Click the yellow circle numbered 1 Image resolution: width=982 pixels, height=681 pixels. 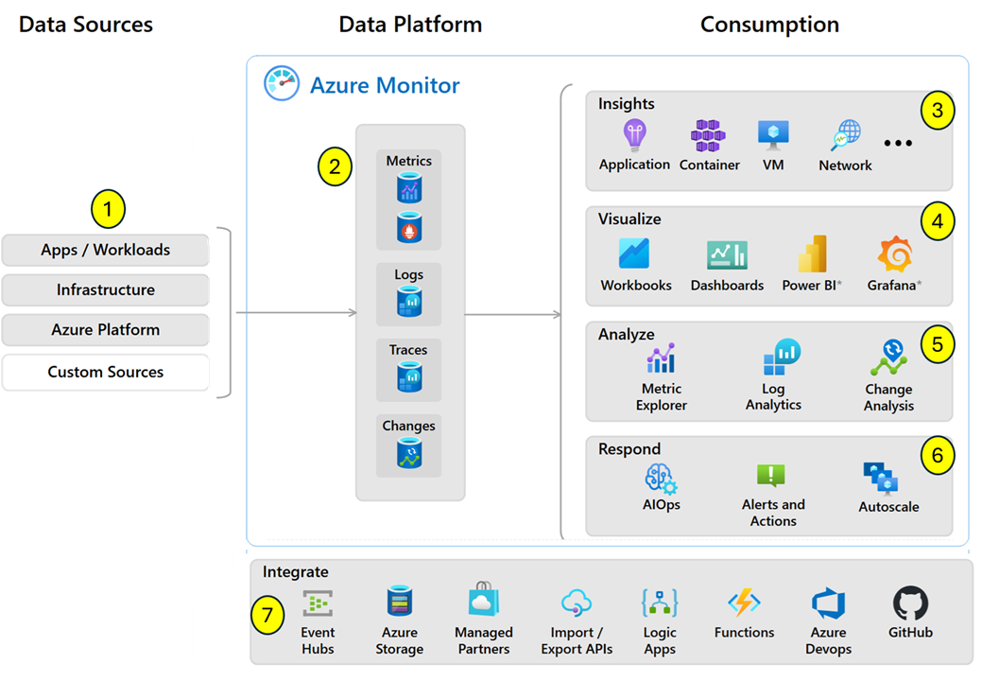[x=108, y=209]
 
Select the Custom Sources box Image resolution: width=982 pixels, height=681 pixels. [x=106, y=372]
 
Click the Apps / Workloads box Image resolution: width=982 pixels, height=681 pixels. [x=106, y=251]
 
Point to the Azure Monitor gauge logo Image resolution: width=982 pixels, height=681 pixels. [x=282, y=84]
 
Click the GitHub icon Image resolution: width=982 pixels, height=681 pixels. [x=910, y=602]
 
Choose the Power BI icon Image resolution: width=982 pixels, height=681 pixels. [x=812, y=254]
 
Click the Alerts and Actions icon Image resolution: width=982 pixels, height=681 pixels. [x=771, y=476]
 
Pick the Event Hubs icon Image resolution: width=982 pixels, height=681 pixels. [x=318, y=602]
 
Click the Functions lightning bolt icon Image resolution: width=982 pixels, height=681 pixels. [x=744, y=602]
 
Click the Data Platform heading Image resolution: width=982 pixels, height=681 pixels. [x=410, y=25]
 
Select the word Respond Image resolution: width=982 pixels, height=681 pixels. [x=629, y=449]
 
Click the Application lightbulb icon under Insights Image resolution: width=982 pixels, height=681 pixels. [x=633, y=135]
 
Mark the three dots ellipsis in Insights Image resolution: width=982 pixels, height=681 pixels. [x=898, y=144]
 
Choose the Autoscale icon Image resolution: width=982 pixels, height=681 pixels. [x=880, y=479]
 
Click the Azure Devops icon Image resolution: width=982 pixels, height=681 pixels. [x=828, y=602]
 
